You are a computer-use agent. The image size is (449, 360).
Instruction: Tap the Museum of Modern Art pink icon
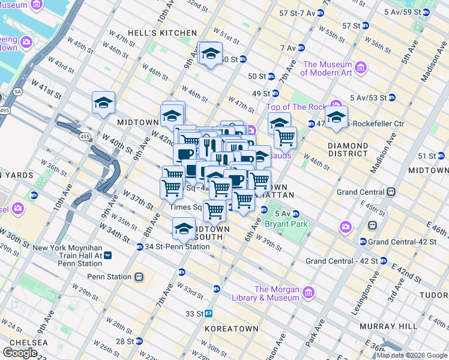tap(361, 65)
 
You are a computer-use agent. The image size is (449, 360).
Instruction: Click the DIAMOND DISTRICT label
tap(348, 149)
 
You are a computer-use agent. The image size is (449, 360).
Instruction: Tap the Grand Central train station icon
tap(391, 192)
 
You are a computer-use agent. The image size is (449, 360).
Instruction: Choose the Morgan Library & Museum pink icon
tap(309, 293)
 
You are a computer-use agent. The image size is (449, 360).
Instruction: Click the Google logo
tap(20, 353)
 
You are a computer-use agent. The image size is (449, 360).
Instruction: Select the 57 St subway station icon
tap(365, 26)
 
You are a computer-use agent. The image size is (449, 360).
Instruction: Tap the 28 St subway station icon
tap(139, 341)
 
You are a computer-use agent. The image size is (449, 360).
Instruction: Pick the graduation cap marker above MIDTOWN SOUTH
tap(184, 227)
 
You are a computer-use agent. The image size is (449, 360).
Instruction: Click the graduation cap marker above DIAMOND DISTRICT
tap(336, 116)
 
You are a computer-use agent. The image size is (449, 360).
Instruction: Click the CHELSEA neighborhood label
tap(24, 342)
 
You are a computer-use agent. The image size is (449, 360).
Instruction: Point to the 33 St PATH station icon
tap(209, 313)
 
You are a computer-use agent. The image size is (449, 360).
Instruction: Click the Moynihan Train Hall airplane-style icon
tap(107, 255)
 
